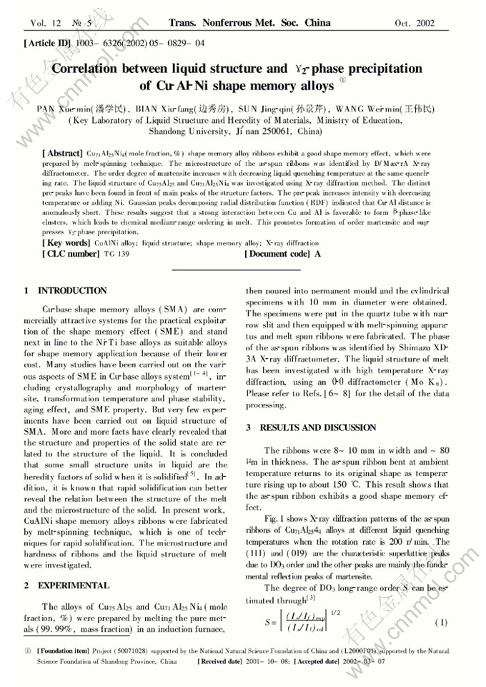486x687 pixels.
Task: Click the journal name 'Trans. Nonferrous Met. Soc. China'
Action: pos(249,23)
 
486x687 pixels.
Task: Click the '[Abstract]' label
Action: pos(63,154)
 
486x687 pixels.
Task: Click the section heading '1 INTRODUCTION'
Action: pos(66,291)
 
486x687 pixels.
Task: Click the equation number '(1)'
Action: pos(442,623)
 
